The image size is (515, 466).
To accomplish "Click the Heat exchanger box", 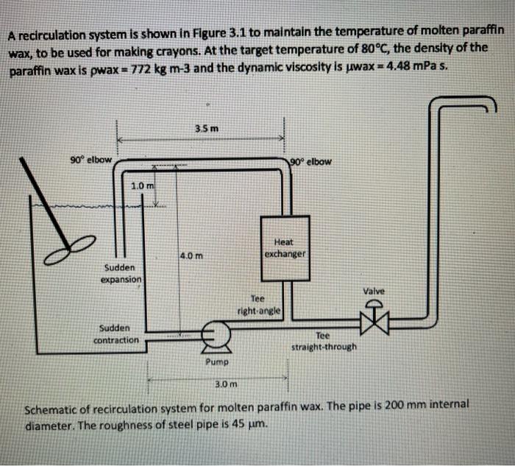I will (x=283, y=250).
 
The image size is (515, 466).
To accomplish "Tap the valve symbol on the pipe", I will (x=375, y=319).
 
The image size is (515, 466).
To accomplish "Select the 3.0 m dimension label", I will (x=225, y=384).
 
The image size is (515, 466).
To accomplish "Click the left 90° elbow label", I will (x=90, y=160).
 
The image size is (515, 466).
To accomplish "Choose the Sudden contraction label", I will (x=115, y=333).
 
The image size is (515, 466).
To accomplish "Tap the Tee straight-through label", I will (x=324, y=341).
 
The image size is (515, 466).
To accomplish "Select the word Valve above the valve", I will (x=374, y=292).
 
